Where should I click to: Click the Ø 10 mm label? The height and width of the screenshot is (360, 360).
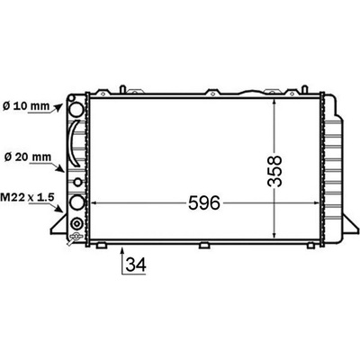pyautogui.click(x=26, y=106)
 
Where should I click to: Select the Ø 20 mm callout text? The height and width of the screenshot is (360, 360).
pyautogui.click(x=28, y=157)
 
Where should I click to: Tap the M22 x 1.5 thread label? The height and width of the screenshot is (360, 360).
pyautogui.click(x=27, y=197)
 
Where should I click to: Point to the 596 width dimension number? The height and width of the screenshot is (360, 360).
pyautogui.click(x=204, y=203)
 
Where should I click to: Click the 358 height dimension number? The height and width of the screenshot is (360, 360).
pyautogui.click(x=275, y=171)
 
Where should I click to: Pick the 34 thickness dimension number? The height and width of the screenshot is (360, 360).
pyautogui.click(x=136, y=265)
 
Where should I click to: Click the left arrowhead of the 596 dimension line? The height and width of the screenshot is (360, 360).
pyautogui.click(x=94, y=203)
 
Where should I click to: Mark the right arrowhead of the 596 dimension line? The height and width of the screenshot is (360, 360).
pyautogui.click(x=316, y=203)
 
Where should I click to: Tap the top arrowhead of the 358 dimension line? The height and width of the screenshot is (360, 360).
pyautogui.click(x=274, y=102)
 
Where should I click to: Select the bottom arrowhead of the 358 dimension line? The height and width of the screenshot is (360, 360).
pyautogui.click(x=274, y=236)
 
